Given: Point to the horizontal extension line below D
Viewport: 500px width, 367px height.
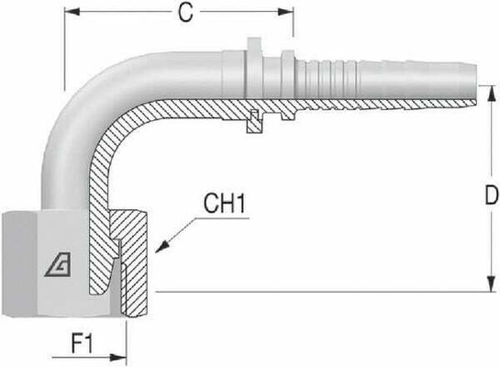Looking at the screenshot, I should click(321, 292).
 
